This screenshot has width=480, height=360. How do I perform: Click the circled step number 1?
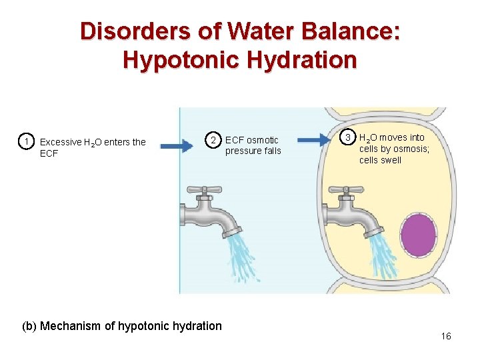25,141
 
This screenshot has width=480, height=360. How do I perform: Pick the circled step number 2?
213,140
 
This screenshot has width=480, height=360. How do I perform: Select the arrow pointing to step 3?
317,140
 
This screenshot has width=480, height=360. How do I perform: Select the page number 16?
446,337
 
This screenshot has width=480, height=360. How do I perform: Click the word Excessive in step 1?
61,142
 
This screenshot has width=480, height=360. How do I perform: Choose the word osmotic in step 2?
263,140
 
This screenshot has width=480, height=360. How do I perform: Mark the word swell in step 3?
391,160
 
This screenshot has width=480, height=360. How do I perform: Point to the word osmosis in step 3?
411,149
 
